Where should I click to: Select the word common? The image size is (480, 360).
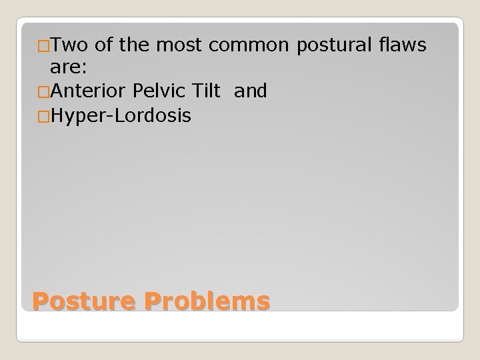pyautogui.click(x=247, y=45)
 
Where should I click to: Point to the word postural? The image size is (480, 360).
pyautogui.click(x=329, y=45)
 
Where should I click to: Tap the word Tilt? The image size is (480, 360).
pyautogui.click(x=207, y=91)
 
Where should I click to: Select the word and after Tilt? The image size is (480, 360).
pyautogui.click(x=251, y=91)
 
